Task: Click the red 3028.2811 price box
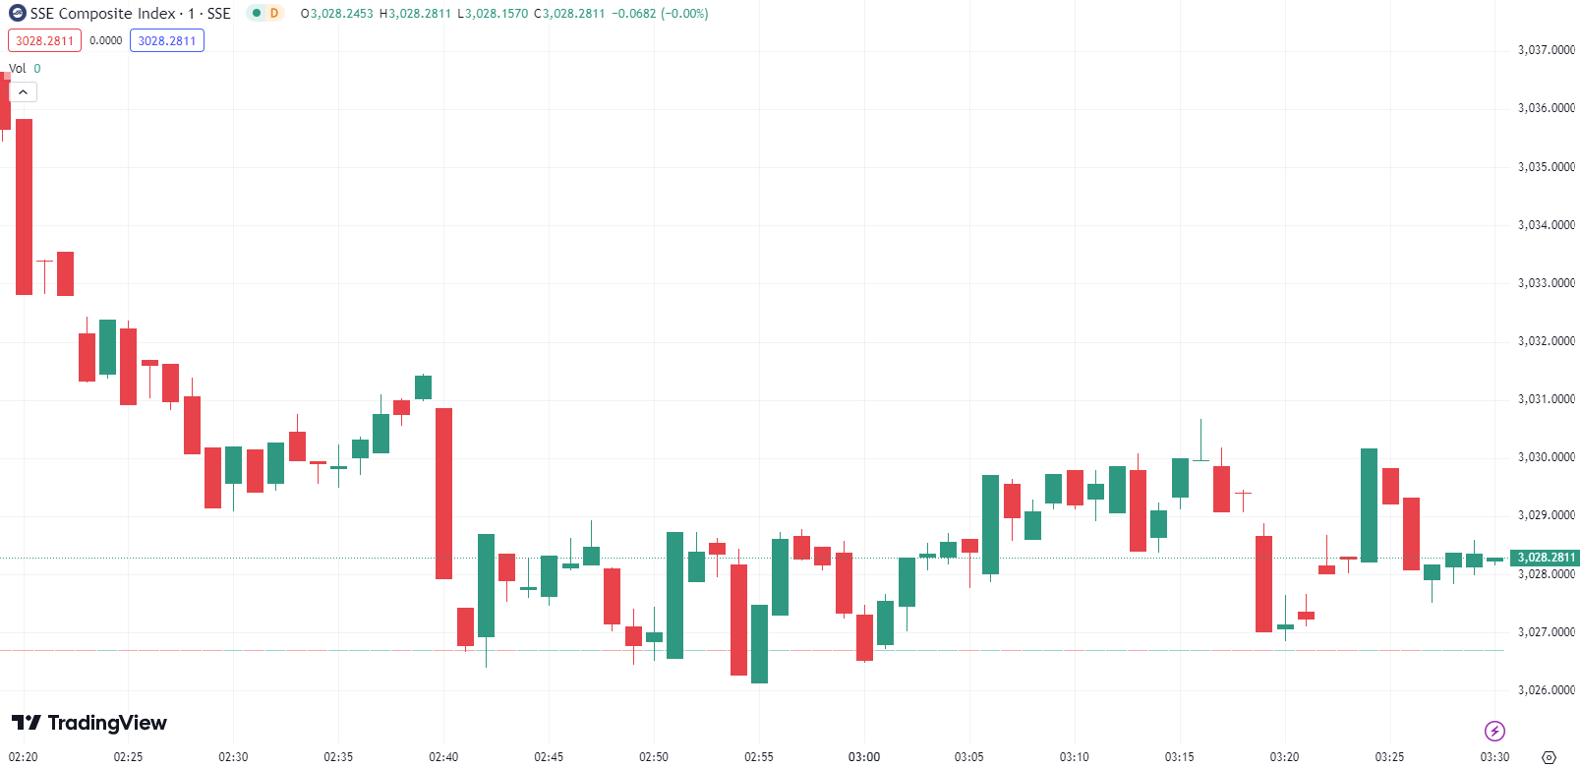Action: click(44, 40)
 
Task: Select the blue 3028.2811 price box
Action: click(167, 40)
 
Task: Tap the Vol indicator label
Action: click(18, 69)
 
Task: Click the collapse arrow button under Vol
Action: click(23, 91)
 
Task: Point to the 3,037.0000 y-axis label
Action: click(1546, 50)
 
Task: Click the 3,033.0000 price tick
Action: click(1546, 283)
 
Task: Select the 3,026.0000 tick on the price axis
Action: click(1546, 690)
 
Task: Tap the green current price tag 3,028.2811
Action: click(1545, 558)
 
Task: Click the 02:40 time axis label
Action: click(443, 757)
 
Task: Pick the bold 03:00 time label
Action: click(864, 757)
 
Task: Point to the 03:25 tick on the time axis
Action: click(1389, 757)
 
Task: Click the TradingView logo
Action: click(89, 724)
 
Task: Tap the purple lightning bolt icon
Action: click(1494, 731)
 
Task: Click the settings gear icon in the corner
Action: click(1550, 757)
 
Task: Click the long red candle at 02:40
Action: click(443, 492)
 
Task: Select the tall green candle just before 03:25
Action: click(1369, 505)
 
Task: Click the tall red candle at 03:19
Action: click(1263, 583)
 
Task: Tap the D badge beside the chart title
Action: click(274, 14)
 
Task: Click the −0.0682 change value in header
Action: click(634, 14)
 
